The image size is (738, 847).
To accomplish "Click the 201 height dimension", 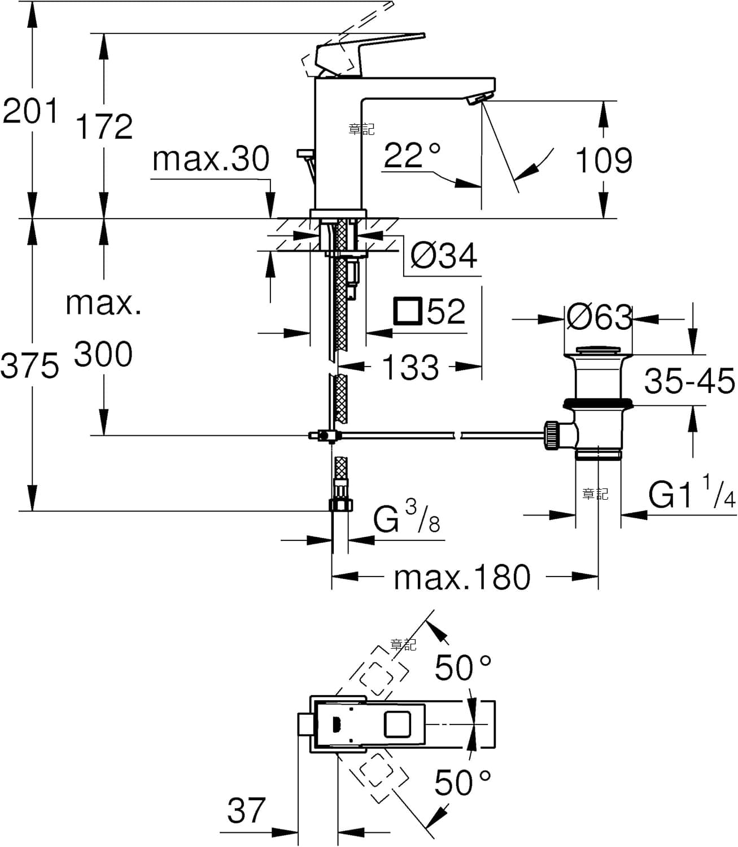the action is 30,111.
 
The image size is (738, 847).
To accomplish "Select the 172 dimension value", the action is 104,126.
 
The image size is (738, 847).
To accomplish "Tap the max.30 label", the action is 211,159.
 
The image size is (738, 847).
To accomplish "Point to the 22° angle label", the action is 412,155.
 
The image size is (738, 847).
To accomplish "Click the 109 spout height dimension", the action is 604,160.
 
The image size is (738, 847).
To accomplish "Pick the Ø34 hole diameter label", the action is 443,255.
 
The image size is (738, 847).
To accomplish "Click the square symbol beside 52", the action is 408,311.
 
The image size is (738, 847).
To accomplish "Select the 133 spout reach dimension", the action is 410,367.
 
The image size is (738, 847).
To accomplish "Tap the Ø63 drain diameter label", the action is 599,317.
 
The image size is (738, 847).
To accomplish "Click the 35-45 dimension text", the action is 689,381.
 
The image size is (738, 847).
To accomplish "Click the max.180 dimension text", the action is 462,578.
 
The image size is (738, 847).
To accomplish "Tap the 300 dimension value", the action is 103,355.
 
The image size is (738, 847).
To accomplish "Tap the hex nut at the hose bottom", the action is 341,505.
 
